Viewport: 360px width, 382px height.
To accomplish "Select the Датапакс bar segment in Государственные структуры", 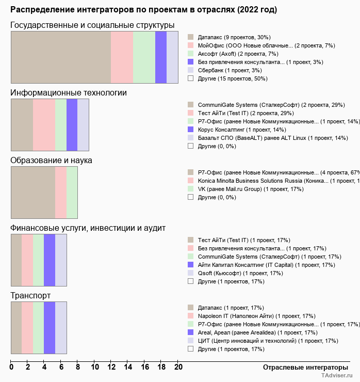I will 61,57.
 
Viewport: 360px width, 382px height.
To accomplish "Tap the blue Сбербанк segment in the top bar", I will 172,57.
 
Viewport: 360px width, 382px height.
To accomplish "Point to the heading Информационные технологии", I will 69,93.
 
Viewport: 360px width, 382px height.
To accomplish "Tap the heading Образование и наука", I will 52,161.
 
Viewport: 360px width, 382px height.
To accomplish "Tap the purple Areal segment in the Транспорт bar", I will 50,328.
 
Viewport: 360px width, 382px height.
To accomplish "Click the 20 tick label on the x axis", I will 178,368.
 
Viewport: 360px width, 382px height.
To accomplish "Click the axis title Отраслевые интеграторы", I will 302,367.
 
